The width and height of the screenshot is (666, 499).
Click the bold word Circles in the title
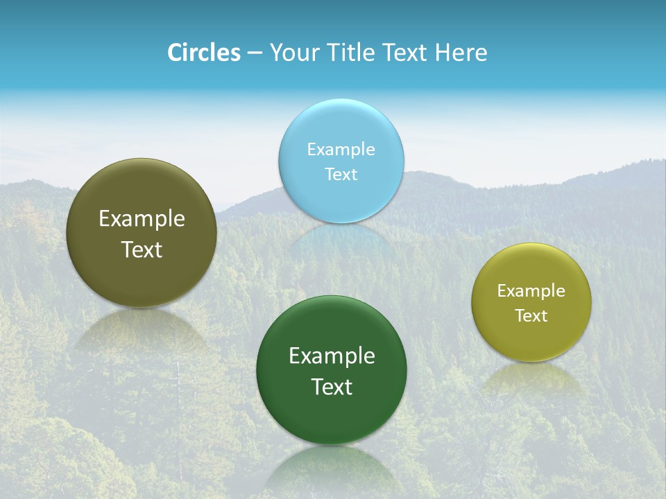[x=203, y=53]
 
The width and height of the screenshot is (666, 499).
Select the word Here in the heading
[x=461, y=53]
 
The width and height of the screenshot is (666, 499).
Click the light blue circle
[x=341, y=125]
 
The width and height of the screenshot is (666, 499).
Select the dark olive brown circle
[x=141, y=277]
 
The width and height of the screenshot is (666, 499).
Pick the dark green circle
[x=332, y=416]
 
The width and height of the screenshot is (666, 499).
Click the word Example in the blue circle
[x=341, y=149]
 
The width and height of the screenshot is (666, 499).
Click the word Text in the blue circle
[x=341, y=174]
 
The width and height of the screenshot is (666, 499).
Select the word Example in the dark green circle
[x=332, y=356]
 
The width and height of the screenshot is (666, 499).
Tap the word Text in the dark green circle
[x=332, y=387]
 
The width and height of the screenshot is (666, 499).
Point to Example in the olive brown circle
[x=142, y=219]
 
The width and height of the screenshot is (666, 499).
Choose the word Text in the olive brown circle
[x=142, y=249]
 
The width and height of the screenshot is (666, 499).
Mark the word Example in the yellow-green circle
[x=531, y=290]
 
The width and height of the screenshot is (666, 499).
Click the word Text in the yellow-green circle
[x=531, y=316]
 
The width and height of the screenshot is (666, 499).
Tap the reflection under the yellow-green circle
[x=531, y=378]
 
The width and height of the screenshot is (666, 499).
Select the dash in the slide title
[x=255, y=53]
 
